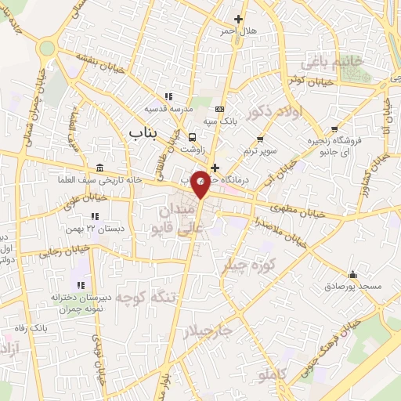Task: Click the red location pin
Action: [x=200, y=182]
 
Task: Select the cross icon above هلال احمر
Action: [x=239, y=19]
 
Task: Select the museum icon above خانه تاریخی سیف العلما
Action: [x=99, y=168]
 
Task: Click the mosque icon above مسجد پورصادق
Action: [x=354, y=275]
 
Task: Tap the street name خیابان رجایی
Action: [x=67, y=251]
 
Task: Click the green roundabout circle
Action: [x=47, y=48]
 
